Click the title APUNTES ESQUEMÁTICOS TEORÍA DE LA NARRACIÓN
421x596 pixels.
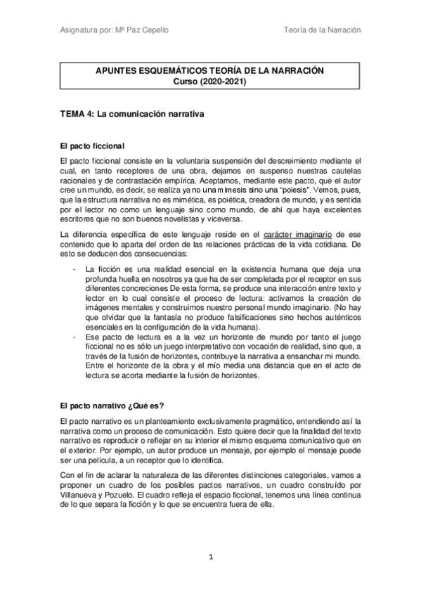click(211, 71)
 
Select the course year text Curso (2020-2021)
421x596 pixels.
click(211, 81)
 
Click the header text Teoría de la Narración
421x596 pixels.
click(322, 30)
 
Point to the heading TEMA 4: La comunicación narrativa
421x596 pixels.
click(132, 112)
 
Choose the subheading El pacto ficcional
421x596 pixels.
click(93, 146)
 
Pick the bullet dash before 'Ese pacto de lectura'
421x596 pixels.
click(75, 337)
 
